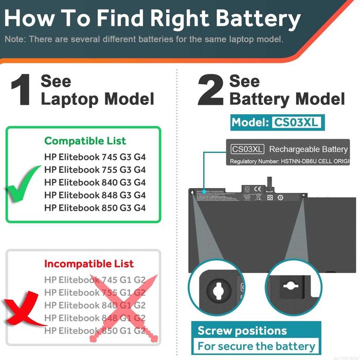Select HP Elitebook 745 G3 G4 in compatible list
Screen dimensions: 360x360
pos(95,157)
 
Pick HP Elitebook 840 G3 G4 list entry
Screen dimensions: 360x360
pos(95,183)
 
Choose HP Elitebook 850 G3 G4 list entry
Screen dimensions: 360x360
pos(95,208)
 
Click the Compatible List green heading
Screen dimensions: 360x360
pos(85,141)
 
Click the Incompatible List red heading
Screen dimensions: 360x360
pos(88,264)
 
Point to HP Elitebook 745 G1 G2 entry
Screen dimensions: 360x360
pos(95,280)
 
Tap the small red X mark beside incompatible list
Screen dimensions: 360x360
pos(24,309)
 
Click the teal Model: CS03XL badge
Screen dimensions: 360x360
pos(277,122)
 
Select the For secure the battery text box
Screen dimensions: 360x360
pos(256,346)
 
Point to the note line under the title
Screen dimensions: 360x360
pos(143,39)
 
